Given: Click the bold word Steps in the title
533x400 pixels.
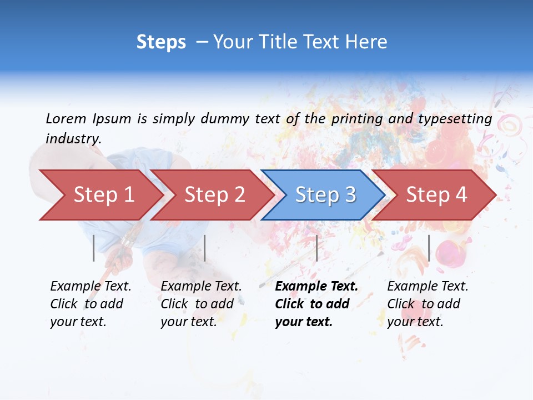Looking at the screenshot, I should tap(161, 42).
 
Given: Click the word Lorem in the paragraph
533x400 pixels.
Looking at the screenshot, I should tap(66, 118).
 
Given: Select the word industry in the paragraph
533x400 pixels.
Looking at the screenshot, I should tap(73, 138).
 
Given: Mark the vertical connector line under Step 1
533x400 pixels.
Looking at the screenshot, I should tap(94, 248).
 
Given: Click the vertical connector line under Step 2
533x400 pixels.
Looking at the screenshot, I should tap(205, 248).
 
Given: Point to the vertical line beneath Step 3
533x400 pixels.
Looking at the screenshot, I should tap(316, 248).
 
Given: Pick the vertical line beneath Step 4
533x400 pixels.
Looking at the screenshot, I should tap(429, 248).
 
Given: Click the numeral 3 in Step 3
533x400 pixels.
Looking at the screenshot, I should tap(349, 195).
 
